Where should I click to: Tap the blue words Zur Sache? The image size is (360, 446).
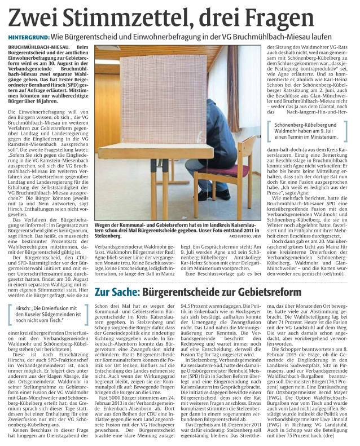coord(117,293)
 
